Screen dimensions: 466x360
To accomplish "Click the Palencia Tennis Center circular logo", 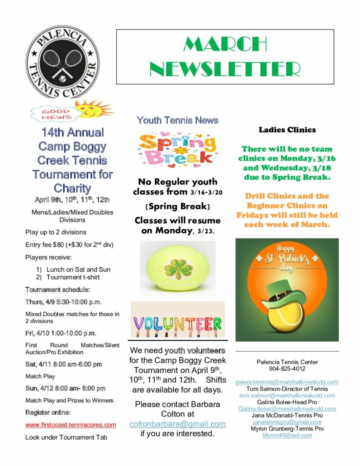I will click(63, 62).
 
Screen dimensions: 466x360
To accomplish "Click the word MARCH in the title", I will click(225, 44).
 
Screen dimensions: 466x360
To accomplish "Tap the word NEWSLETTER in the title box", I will click(225, 69).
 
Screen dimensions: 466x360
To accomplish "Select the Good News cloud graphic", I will click(56, 114).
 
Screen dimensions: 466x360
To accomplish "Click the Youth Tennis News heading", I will click(177, 121).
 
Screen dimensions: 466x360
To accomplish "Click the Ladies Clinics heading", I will click(287, 130).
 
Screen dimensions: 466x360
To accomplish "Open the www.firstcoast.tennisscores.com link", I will click(71, 425).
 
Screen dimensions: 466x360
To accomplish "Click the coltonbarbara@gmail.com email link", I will click(177, 424).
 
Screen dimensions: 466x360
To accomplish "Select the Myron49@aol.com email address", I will click(287, 435).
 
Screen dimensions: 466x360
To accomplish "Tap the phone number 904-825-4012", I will click(287, 369).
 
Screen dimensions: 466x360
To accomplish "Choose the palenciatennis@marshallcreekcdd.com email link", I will click(287, 382).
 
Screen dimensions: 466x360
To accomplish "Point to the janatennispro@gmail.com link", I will click(287, 422).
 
